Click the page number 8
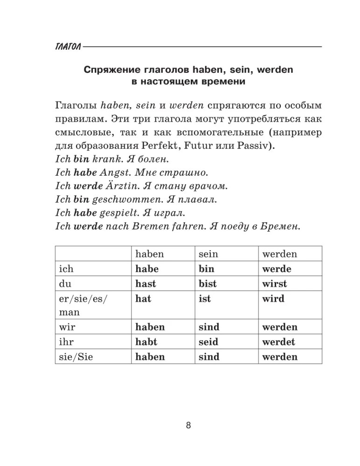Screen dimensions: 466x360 [x=188, y=425]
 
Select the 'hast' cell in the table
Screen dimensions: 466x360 [x=145, y=284]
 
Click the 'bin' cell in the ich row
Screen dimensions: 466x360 [x=206, y=269]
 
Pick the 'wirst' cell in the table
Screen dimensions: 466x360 [x=275, y=284]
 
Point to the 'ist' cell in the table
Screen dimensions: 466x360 [x=205, y=299]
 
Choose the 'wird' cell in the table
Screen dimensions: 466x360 [x=273, y=299]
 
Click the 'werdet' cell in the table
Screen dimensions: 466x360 [x=279, y=342]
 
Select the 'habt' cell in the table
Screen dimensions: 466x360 [x=146, y=342]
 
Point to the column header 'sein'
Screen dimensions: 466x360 [x=208, y=254]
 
